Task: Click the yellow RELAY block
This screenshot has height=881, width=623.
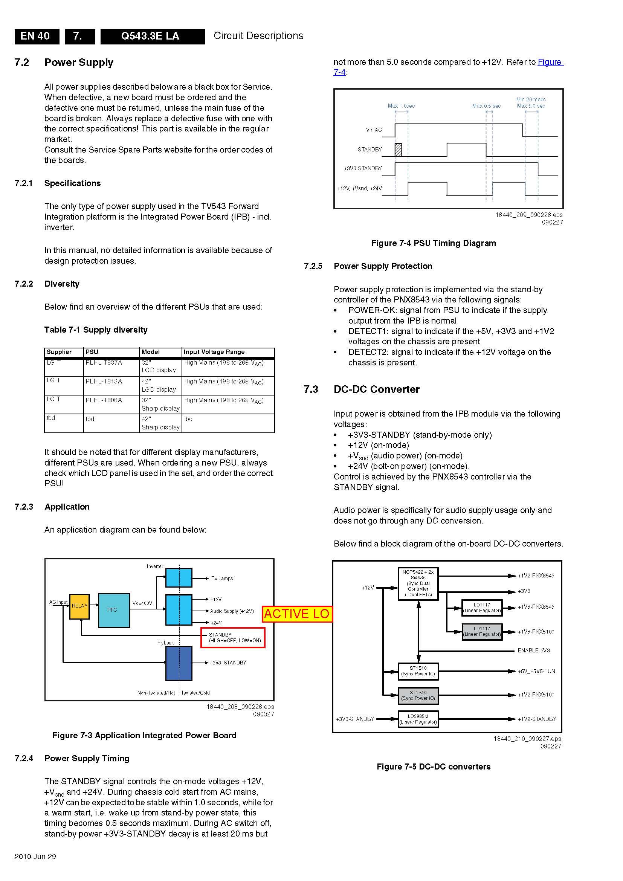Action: point(79,607)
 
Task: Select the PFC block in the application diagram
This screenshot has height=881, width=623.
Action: point(113,610)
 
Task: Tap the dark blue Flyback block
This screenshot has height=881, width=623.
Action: point(179,663)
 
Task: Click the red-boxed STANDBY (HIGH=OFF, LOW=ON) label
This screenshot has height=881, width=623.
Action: point(233,637)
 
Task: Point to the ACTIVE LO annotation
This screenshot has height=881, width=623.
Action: point(296,614)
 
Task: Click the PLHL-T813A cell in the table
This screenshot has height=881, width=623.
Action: point(104,382)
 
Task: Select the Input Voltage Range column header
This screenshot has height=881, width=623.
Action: point(214,352)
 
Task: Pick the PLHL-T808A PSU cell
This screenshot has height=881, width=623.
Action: point(104,400)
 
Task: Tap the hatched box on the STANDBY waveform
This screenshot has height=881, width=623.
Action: point(398,150)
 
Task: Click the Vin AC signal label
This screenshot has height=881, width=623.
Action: point(374,130)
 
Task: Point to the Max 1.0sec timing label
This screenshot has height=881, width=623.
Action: point(401,106)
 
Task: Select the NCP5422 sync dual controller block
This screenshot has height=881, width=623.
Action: point(418,583)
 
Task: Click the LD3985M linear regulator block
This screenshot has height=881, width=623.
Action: point(418,719)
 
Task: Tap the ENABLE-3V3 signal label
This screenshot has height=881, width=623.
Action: point(534,650)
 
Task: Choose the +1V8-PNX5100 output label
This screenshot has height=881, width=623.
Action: point(536,632)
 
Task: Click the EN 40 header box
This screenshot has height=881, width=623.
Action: point(35,36)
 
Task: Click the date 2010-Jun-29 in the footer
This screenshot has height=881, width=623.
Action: point(35,857)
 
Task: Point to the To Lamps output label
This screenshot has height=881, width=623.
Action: point(222,578)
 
